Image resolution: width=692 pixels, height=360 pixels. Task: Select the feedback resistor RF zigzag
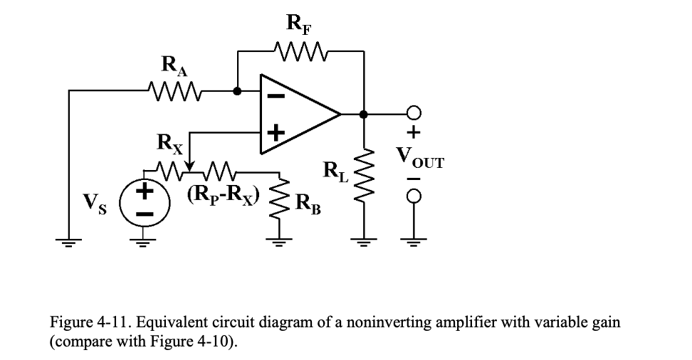[299, 51]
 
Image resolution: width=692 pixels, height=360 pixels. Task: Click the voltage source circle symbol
[145, 202]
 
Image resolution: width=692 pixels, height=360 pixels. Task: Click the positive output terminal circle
[414, 113]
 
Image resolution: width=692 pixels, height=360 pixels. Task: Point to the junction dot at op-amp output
[364, 113]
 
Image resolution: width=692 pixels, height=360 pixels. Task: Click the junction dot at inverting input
[238, 91]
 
